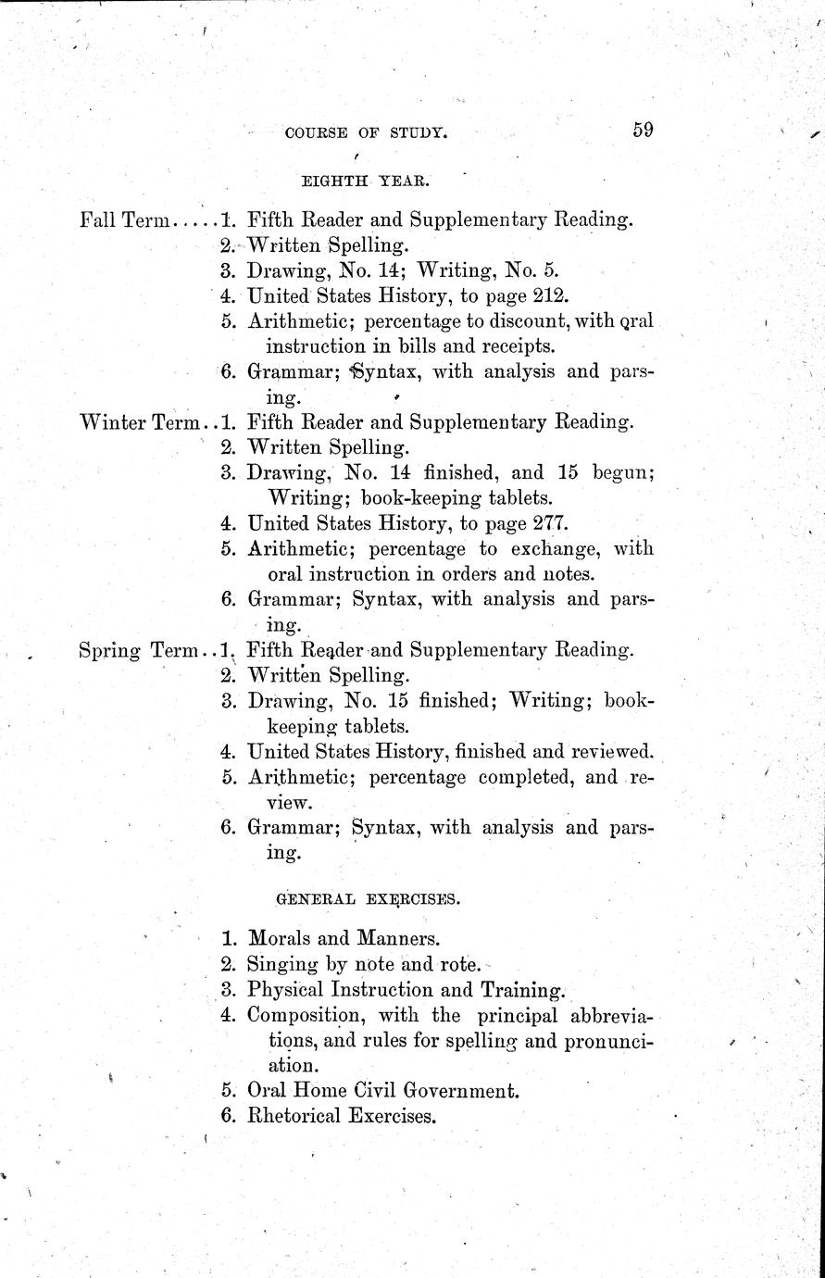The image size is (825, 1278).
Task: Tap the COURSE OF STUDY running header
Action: pyautogui.click(x=367, y=133)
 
